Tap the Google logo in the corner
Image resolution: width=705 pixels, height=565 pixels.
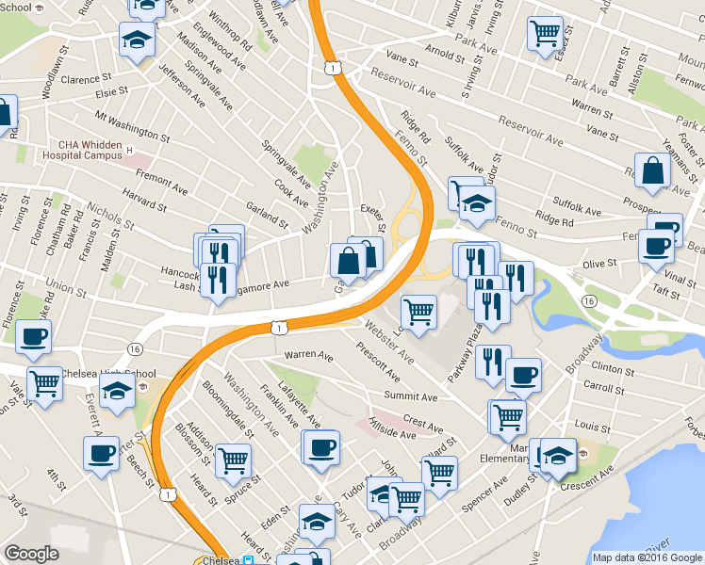pyautogui.click(x=31, y=554)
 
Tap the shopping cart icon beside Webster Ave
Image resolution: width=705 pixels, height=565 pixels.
pyautogui.click(x=418, y=311)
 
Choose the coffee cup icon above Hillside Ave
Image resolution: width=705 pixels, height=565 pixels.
pyautogui.click(x=321, y=446)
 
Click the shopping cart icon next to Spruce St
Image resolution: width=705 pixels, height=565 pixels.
pyautogui.click(x=233, y=460)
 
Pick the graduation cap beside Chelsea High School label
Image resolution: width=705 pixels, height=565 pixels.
pyautogui.click(x=116, y=392)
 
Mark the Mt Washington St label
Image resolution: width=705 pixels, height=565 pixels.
pyautogui.click(x=131, y=126)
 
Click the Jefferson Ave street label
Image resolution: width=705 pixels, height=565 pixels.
pyautogui.click(x=182, y=83)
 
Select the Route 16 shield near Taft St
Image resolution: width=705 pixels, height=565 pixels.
pyautogui.click(x=588, y=299)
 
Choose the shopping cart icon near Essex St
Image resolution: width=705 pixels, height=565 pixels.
pyautogui.click(x=545, y=32)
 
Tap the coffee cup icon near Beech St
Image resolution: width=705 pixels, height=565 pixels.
pyautogui.click(x=101, y=452)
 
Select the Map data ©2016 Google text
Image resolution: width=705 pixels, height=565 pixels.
pyautogui.click(x=648, y=557)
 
